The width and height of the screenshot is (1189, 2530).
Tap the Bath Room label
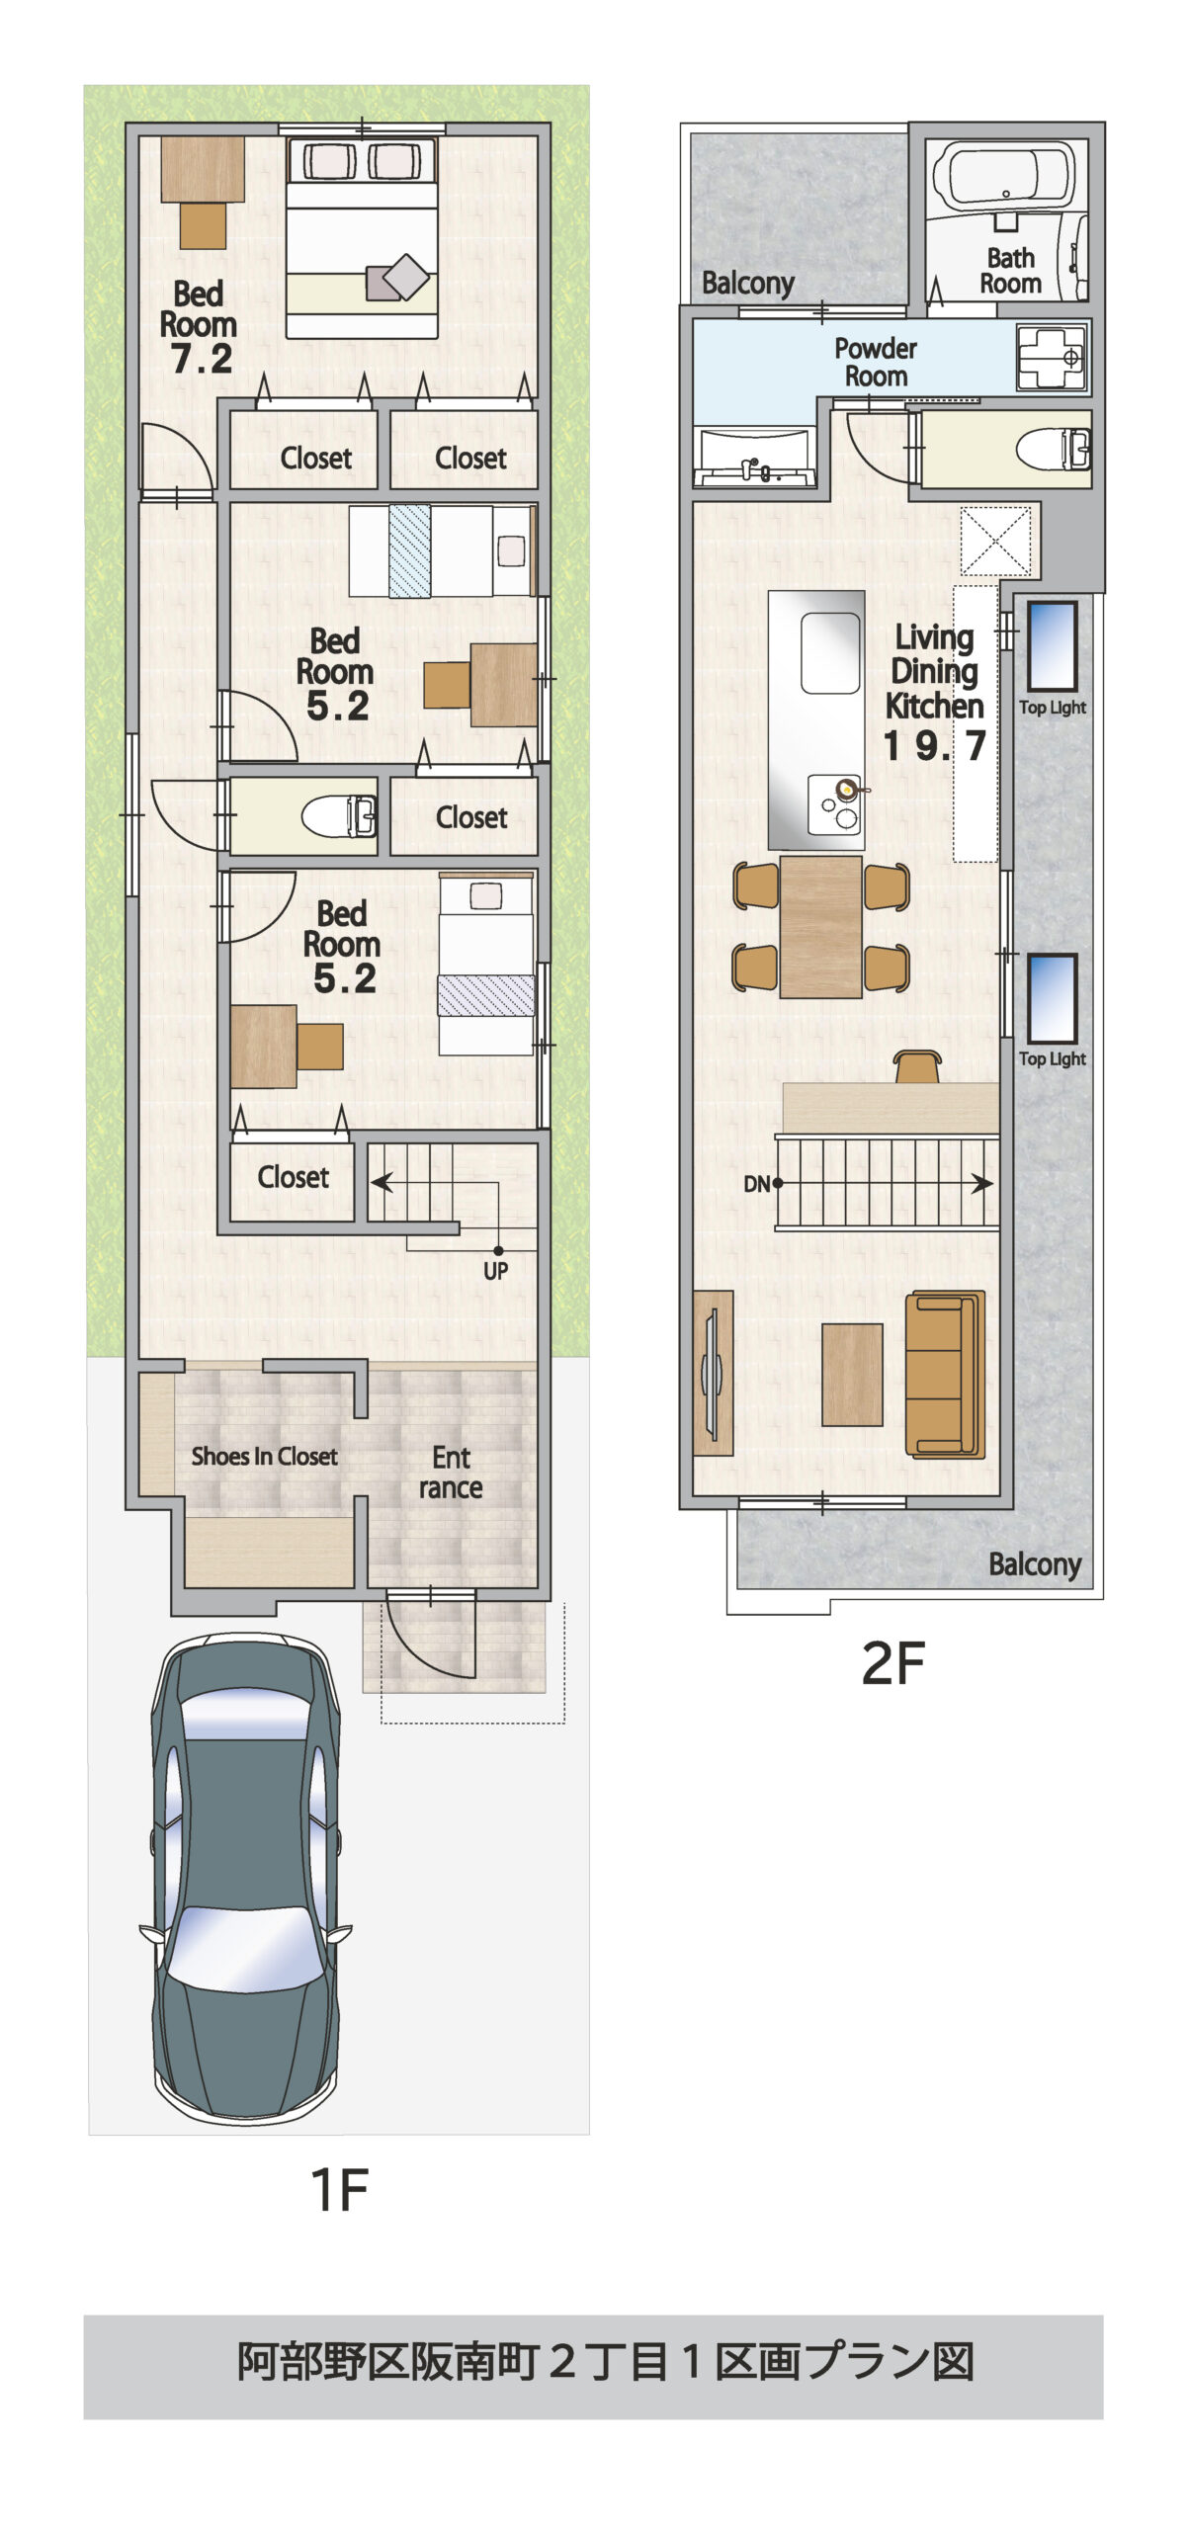point(1010,271)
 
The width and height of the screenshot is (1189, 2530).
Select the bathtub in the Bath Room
point(1003,176)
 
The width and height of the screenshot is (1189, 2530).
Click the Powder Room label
point(876,362)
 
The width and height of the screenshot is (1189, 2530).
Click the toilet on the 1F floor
point(339,816)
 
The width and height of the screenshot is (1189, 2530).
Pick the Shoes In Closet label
point(264,1456)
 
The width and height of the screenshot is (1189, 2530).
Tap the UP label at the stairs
point(495,1271)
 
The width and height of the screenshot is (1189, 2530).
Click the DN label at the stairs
point(756,1184)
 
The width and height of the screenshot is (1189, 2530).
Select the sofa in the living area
point(946,1374)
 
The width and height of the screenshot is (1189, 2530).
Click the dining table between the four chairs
point(820,927)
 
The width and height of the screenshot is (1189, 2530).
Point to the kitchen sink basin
point(830,653)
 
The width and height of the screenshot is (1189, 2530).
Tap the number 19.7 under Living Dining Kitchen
point(934,746)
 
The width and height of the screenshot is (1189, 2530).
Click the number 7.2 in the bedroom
point(202,359)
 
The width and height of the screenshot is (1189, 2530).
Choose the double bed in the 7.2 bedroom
point(362,238)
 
